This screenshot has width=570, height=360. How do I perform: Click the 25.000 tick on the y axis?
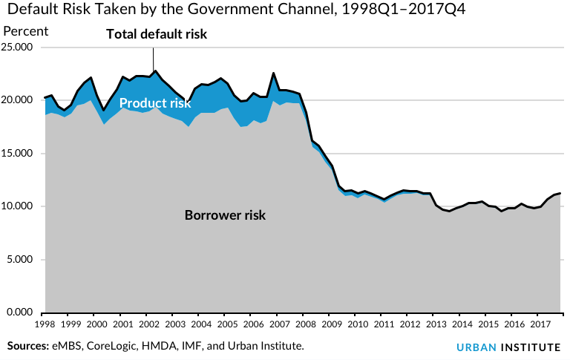click(x=20, y=48)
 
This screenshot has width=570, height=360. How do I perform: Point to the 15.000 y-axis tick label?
click(x=20, y=154)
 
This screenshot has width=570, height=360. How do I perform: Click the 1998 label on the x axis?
click(x=45, y=324)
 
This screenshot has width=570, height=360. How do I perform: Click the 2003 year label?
click(x=174, y=324)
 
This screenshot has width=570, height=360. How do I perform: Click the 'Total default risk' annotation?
click(x=157, y=34)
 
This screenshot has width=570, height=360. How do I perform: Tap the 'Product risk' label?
click(x=155, y=103)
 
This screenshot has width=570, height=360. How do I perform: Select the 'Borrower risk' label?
click(x=225, y=215)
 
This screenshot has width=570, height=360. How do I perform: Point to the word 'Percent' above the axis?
click(x=26, y=31)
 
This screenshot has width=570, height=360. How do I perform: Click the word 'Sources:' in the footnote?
click(x=28, y=347)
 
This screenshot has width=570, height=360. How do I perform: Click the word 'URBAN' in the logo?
click(x=475, y=347)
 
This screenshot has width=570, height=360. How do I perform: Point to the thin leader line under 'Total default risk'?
click(x=154, y=58)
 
